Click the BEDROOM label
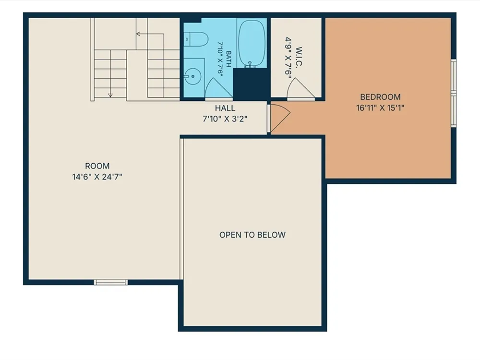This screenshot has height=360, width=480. (x=380, y=97)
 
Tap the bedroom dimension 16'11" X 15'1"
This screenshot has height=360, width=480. (x=380, y=108)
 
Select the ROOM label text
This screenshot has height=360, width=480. (x=97, y=166)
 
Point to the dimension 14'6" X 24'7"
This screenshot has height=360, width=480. (x=97, y=177)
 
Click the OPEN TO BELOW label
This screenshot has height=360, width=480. (x=252, y=235)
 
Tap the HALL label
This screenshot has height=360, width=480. (x=225, y=108)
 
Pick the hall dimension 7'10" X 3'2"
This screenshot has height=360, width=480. (x=225, y=119)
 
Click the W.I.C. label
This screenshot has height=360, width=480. (x=299, y=57)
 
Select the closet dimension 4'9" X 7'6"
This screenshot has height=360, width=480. (x=288, y=58)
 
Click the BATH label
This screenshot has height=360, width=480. (x=228, y=59)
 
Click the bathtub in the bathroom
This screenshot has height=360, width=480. (x=252, y=43)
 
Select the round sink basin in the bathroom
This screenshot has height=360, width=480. (x=192, y=76)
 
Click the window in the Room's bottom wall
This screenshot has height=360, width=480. (x=110, y=282)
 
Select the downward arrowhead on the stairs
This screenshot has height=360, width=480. (x=110, y=95)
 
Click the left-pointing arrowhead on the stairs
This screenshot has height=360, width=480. (x=138, y=34)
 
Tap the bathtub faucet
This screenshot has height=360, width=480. (x=250, y=64)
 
